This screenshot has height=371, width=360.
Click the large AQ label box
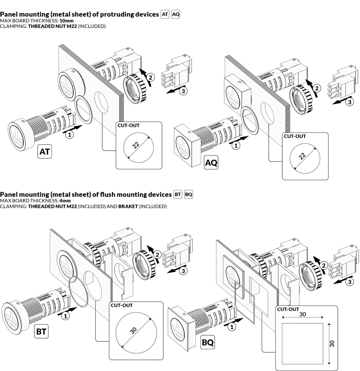click(x=211, y=163)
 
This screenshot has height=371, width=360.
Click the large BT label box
click(x=41, y=332)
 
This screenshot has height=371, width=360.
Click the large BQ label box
click(x=208, y=343)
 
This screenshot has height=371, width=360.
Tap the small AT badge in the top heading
click(x=165, y=15)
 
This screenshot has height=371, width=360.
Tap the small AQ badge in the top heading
click(x=176, y=15)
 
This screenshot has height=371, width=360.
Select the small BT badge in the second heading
click(x=178, y=194)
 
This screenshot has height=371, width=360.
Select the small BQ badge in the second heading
click(x=189, y=194)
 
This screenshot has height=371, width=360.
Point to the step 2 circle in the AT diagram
click(x=150, y=77)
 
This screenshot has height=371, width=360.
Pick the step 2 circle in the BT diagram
click(x=157, y=254)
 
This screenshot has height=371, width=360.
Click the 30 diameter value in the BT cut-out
click(x=133, y=330)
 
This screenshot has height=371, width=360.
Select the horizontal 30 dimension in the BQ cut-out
click(x=303, y=314)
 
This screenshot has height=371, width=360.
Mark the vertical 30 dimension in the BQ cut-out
click(x=332, y=343)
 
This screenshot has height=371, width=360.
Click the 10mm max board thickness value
click(x=67, y=21)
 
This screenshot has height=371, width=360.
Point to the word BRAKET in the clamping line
click(x=128, y=206)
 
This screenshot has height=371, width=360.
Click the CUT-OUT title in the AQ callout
click(x=295, y=136)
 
